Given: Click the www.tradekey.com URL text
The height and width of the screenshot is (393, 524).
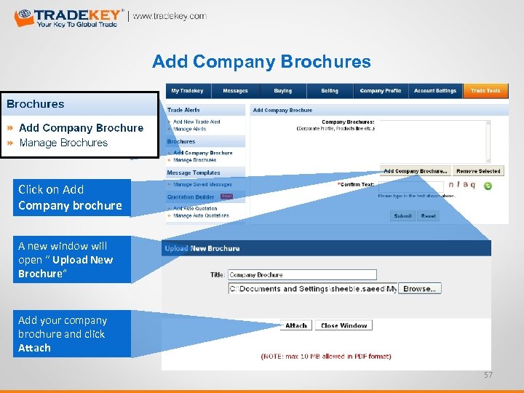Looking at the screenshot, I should (x=169, y=16).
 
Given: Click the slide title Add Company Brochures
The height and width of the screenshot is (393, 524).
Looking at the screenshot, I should (x=261, y=62).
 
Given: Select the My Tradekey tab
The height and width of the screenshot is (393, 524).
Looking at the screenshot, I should (x=187, y=91).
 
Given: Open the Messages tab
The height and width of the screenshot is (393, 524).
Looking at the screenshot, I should (x=235, y=91).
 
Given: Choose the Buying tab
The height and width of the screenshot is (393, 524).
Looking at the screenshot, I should (x=283, y=91).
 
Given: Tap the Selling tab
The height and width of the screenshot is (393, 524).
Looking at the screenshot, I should (x=330, y=91).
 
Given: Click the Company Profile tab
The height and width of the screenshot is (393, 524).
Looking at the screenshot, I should (x=381, y=91).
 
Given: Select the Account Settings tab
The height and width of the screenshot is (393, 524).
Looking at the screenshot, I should (x=434, y=91).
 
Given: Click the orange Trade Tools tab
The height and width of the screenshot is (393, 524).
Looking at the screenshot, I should (x=485, y=91).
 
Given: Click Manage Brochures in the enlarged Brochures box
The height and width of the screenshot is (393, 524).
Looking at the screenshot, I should (x=63, y=143).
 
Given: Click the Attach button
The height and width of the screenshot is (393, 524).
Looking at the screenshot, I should (x=296, y=325).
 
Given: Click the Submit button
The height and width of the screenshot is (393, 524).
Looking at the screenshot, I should (x=402, y=216).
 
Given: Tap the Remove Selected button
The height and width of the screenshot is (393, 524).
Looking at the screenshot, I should (x=478, y=171).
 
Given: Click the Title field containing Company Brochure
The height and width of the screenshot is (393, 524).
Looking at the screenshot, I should (x=302, y=275).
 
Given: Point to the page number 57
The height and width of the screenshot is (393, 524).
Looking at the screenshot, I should (x=488, y=375).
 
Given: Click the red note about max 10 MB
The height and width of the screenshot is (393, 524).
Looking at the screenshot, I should (x=326, y=357).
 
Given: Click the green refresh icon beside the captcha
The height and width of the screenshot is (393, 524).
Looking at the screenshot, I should (x=488, y=186).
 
